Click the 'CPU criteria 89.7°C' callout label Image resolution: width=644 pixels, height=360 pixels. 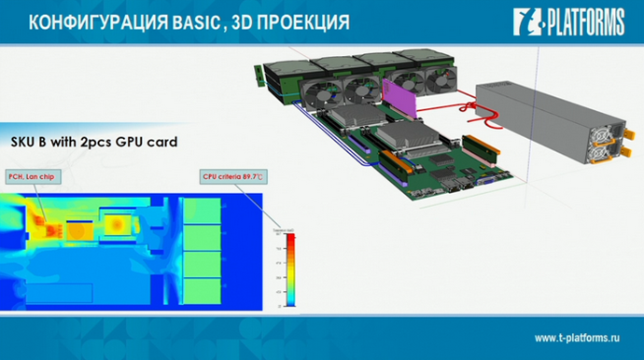[231, 174]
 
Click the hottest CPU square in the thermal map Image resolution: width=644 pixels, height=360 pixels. [118, 224]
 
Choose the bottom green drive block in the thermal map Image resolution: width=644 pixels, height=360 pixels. [201, 291]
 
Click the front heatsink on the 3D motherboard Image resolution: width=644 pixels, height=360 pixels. [404, 141]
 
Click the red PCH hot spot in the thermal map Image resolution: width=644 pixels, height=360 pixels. [43, 220]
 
